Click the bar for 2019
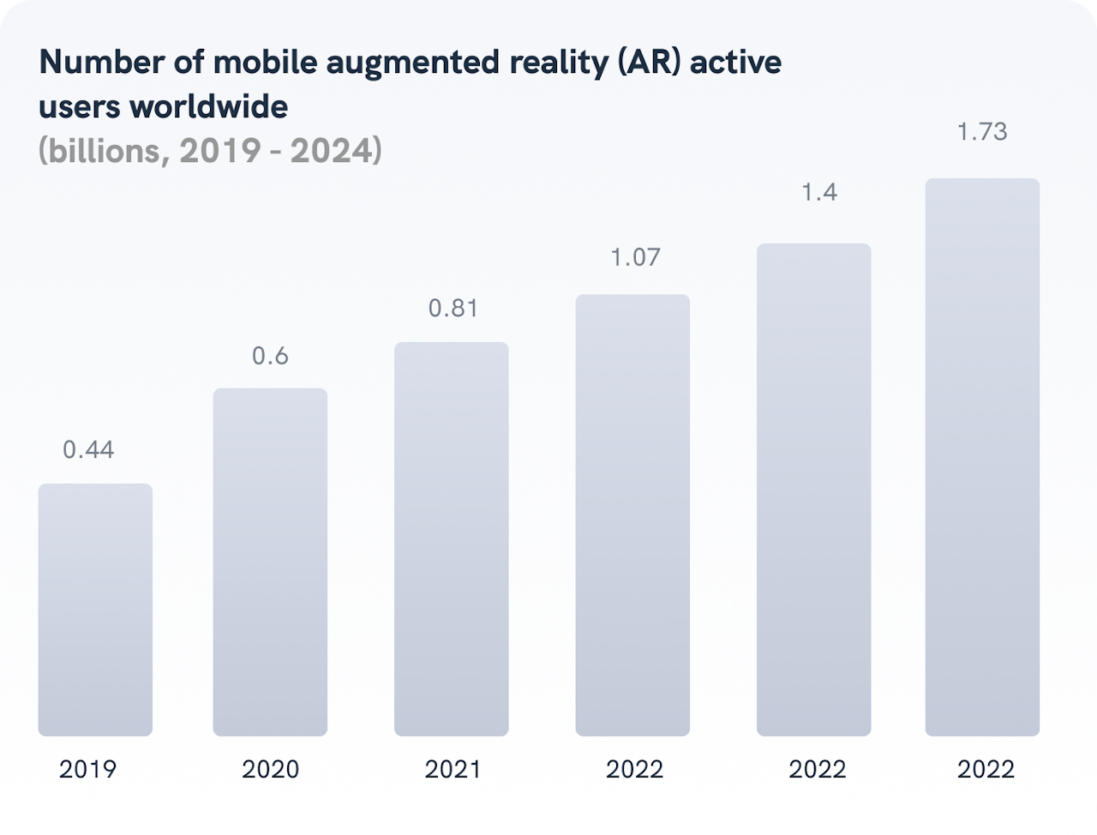(95, 610)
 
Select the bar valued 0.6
(270, 562)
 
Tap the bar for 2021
(452, 538)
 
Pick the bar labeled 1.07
(632, 514)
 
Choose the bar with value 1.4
(813, 490)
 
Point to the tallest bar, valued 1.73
(982, 457)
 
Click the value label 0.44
(88, 450)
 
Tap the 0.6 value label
(270, 356)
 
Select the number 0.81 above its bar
(453, 309)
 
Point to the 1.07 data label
(634, 257)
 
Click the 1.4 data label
(818, 193)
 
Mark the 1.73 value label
(981, 132)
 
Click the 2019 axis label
(87, 769)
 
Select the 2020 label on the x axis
(270, 769)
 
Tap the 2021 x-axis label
(453, 769)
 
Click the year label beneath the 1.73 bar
(986, 769)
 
